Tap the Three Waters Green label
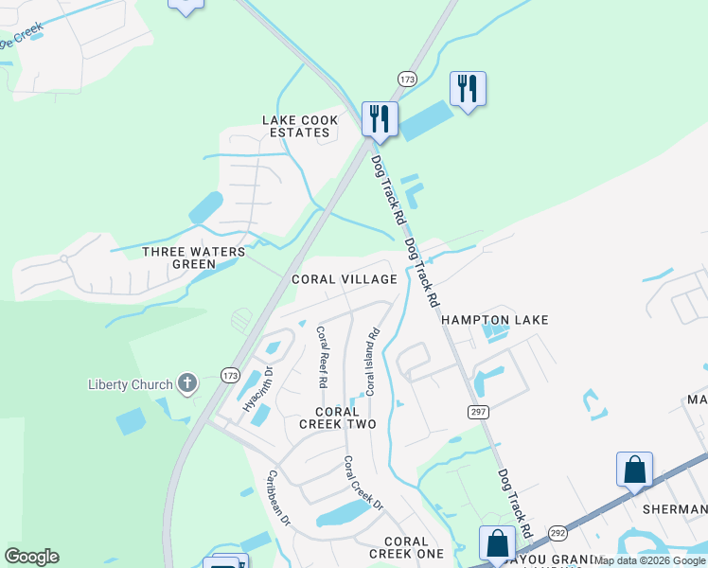coord(193,257)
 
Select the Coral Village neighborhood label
coord(344,279)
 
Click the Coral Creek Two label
coord(337,417)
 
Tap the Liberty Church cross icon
coord(187,383)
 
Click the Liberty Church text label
coord(130,384)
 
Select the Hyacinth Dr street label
coord(252,389)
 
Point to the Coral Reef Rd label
coord(321,357)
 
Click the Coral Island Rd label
coord(372,361)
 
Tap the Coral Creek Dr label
coord(363,483)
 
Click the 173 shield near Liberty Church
coord(230,376)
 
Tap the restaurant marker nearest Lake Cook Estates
coord(380,118)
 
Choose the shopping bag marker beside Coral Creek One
coord(497,543)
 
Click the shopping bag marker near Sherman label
coord(633,470)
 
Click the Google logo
coord(31,557)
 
